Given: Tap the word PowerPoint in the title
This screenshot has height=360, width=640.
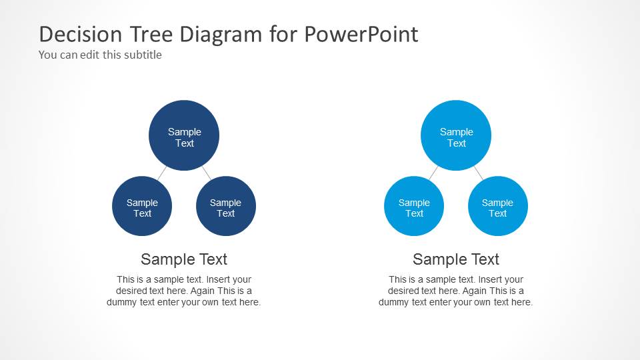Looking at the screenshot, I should pyautogui.click(x=361, y=34).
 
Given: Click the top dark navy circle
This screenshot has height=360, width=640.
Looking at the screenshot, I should pyautogui.click(x=184, y=135).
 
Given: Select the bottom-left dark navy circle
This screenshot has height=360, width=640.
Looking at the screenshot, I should pyautogui.click(x=142, y=206).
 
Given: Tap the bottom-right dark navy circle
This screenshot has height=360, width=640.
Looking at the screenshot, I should pyautogui.click(x=226, y=206).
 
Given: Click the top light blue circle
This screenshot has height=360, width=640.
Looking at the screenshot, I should pyautogui.click(x=456, y=135).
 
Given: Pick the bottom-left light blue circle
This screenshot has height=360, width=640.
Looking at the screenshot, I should pyautogui.click(x=414, y=206).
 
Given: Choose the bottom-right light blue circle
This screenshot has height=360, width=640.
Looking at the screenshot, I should pyautogui.click(x=498, y=206).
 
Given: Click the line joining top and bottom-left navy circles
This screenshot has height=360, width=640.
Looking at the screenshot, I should pyautogui.click(x=162, y=173).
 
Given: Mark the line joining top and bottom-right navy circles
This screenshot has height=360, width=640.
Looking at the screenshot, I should pyautogui.click(x=206, y=173).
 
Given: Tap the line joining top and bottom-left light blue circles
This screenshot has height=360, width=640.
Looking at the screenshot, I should pyautogui.click(x=434, y=173).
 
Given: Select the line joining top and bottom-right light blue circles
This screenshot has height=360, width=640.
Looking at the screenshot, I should pyautogui.click(x=478, y=173).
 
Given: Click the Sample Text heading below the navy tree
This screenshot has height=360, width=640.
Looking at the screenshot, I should pyautogui.click(x=184, y=259).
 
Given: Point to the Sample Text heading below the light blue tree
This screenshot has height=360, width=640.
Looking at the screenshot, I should pyautogui.click(x=456, y=259).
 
